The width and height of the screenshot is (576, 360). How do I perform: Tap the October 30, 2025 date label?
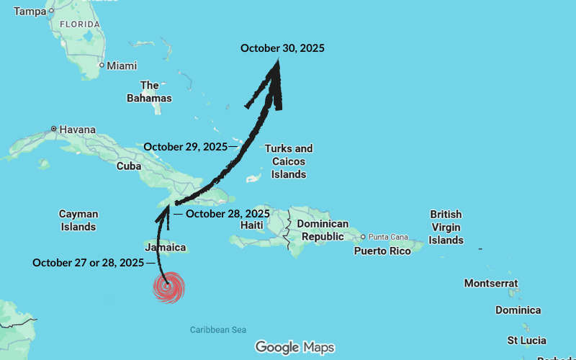coord(282,48)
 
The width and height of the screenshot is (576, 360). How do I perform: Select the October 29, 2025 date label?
coord(185,146)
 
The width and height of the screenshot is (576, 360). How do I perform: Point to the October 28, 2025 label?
coord(228,214)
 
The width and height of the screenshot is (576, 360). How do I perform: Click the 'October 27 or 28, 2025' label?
coord(89,263)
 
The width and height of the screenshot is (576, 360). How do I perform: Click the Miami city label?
coord(122,66)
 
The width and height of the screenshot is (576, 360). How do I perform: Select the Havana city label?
coord(77,130)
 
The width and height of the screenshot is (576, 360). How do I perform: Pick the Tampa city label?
coord(30,11)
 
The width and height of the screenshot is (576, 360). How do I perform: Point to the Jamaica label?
coord(166,248)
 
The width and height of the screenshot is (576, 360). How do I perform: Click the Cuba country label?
coord(129,166)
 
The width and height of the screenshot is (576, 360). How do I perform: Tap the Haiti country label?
coord(252,225)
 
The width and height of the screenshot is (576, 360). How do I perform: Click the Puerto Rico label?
coord(382,251)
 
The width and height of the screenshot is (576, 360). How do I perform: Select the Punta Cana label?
coord(389,236)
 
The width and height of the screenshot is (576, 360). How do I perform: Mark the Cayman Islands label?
coord(78,220)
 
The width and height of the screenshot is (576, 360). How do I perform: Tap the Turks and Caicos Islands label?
coord(289,161)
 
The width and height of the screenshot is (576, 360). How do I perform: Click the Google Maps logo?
coord(294,348)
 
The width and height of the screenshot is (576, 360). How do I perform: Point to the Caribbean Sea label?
coord(218,330)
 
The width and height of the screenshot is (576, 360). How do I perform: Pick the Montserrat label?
coord(492,283)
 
